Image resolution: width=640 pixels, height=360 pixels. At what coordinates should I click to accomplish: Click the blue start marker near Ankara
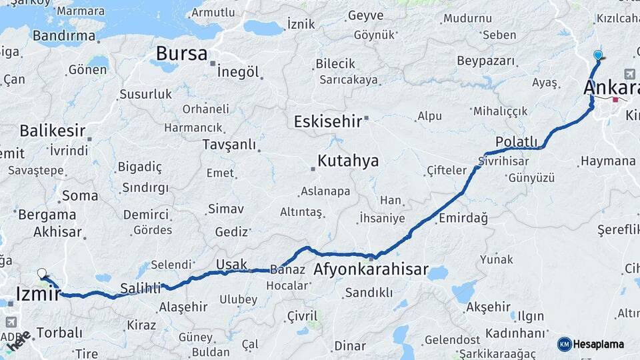coord(597,56)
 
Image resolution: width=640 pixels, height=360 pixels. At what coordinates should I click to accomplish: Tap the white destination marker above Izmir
coord(42,273)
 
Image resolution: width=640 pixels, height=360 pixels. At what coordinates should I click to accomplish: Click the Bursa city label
coord(181,53)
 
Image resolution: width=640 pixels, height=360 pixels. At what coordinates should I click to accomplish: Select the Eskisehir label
coord(327,121)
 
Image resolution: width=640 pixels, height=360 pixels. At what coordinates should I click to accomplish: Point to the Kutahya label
coord(348,161)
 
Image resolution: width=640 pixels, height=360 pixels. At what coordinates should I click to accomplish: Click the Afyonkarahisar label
coord(371,269)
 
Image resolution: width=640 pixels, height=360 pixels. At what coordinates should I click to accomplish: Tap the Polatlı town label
coord(516,141)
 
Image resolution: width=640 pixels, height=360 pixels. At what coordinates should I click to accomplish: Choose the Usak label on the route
coord(231,265)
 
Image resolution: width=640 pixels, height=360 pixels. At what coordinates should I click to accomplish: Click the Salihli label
coord(141,288)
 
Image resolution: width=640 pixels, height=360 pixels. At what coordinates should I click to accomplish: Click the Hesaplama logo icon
coord(565,344)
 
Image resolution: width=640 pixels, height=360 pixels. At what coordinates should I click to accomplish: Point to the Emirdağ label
coord(463,218)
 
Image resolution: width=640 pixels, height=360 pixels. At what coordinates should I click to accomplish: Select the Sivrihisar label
coord(503,161)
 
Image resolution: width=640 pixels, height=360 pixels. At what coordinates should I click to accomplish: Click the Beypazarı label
coord(486,61)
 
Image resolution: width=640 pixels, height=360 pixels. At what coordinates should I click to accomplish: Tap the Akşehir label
coord(488,307)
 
